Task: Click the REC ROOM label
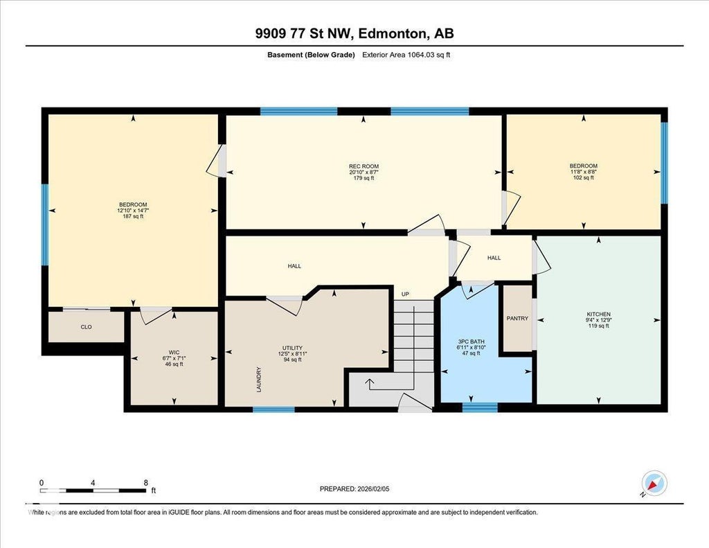pyautogui.click(x=364, y=166)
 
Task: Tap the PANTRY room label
pyautogui.click(x=517, y=318)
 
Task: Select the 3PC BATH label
pyautogui.click(x=471, y=342)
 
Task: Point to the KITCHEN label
pyautogui.click(x=599, y=314)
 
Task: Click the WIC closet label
pyautogui.click(x=174, y=352)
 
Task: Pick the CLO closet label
pyautogui.click(x=87, y=327)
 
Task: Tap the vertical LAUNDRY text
pyautogui.click(x=259, y=379)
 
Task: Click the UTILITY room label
pyautogui.click(x=293, y=348)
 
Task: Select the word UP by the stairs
pyautogui.click(x=405, y=294)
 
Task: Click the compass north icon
pyautogui.click(x=654, y=484)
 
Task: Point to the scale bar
pyautogui.click(x=93, y=490)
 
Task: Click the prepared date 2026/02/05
pyautogui.click(x=373, y=488)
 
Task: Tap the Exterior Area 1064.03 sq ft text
pyautogui.click(x=406, y=55)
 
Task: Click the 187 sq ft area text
pyautogui.click(x=133, y=216)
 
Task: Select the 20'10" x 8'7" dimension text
pyautogui.click(x=364, y=172)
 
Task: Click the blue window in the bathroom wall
pyautogui.click(x=480, y=407)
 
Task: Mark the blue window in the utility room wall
pyautogui.click(x=273, y=409)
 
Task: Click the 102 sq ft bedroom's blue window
pyautogui.click(x=664, y=163)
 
